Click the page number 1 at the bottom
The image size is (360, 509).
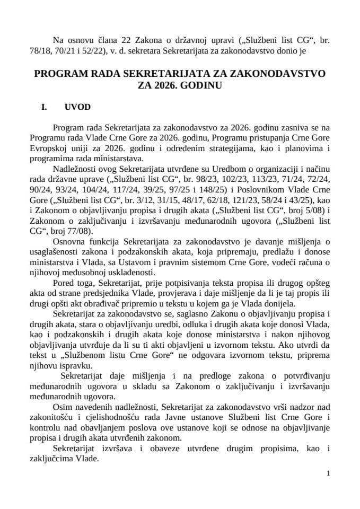[x=329, y=473]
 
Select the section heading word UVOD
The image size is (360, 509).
[x=77, y=107]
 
